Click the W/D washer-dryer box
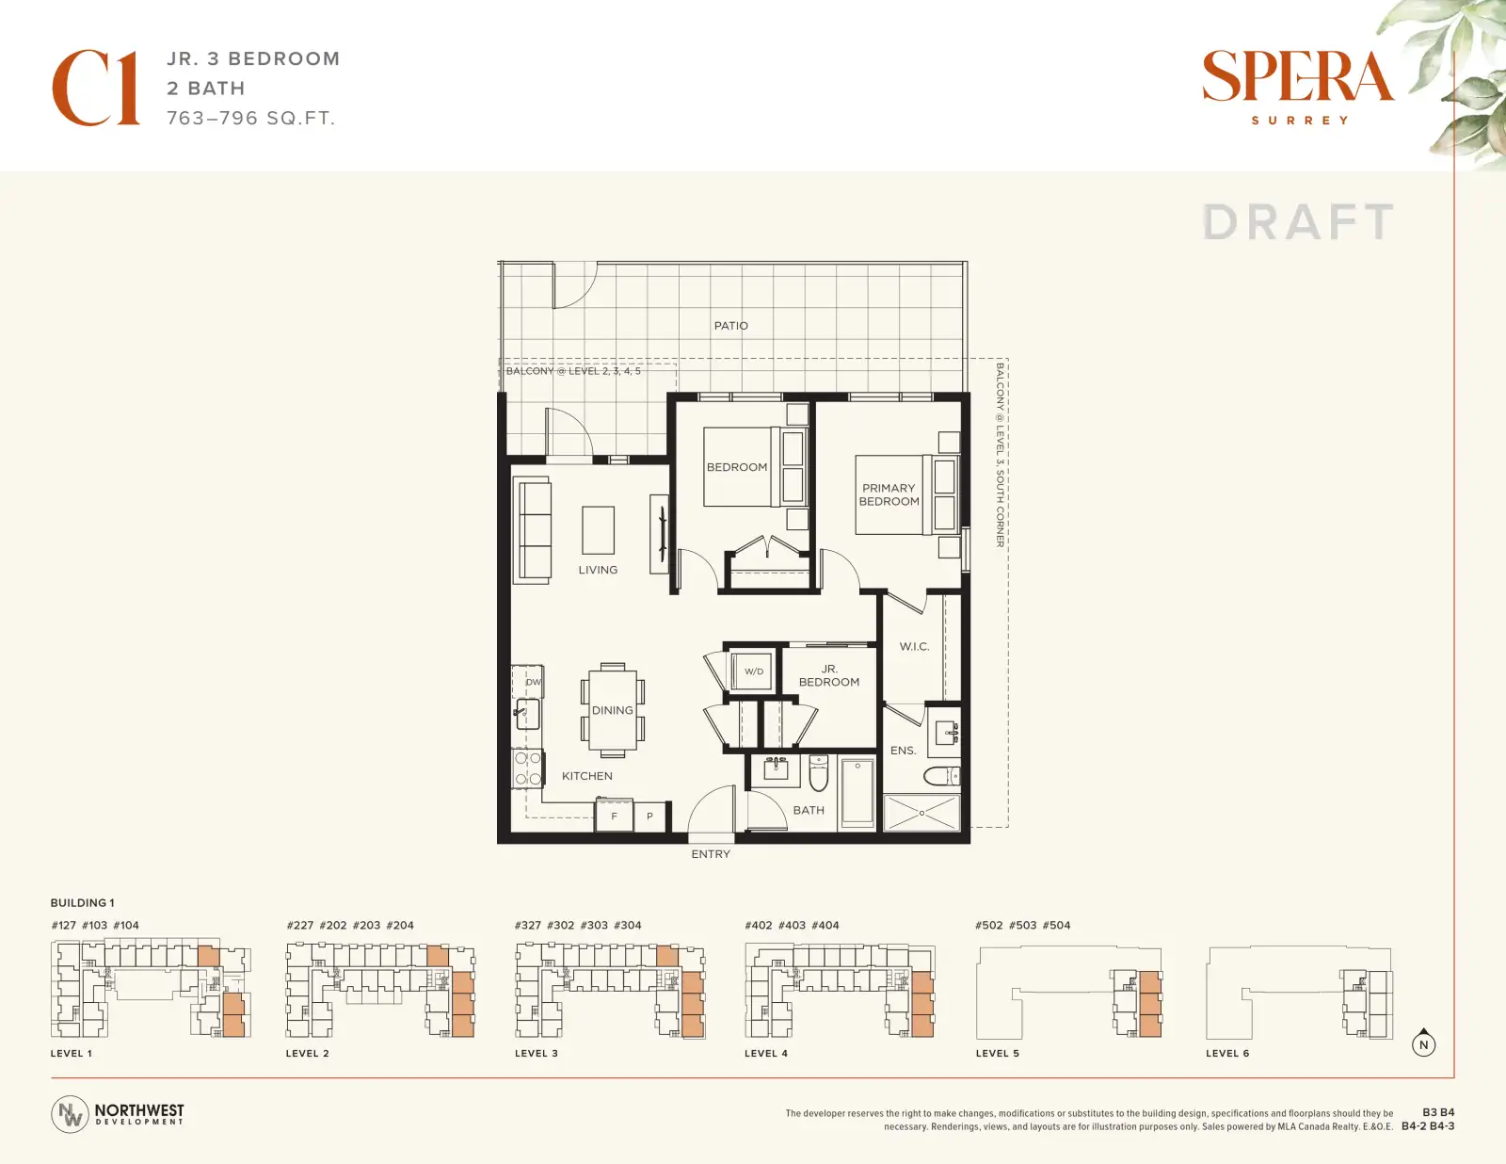pyautogui.click(x=753, y=671)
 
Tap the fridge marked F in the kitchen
pyautogui.click(x=614, y=816)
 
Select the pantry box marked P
pyautogui.click(x=649, y=816)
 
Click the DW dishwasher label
pyautogui.click(x=533, y=682)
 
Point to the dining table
pyautogui.click(x=613, y=710)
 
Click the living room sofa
pyautogui.click(x=532, y=529)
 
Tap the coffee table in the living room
pyautogui.click(x=598, y=530)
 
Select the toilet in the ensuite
pyautogui.click(x=942, y=776)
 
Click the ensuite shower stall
pyautogui.click(x=921, y=812)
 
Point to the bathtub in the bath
pyautogui.click(x=857, y=793)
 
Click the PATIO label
pyautogui.click(x=731, y=325)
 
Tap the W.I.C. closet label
pyautogui.click(x=914, y=646)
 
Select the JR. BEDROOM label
pyautogui.click(x=829, y=675)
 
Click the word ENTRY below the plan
pyautogui.click(x=711, y=854)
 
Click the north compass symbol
pyautogui.click(x=1423, y=1043)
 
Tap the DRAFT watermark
pyautogui.click(x=1298, y=222)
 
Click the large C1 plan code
pyautogui.click(x=96, y=88)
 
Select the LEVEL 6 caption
pyautogui.click(x=1227, y=1053)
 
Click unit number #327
pyautogui.click(x=527, y=925)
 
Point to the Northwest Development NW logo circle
pyautogui.click(x=70, y=1114)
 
